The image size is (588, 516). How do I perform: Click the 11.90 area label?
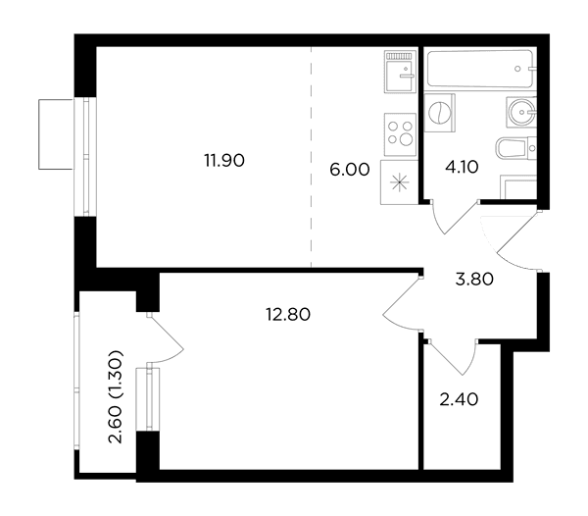tap(224, 161)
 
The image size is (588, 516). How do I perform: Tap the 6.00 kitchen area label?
tap(350, 170)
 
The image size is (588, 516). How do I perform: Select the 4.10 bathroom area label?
tap(462, 167)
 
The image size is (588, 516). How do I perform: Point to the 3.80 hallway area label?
tap(474, 280)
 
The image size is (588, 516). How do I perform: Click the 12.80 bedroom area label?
tap(288, 315)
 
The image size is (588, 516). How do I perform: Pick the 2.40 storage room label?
tap(459, 399)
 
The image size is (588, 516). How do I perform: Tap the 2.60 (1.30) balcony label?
tap(116, 397)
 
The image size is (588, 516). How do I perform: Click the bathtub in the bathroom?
tap(480, 69)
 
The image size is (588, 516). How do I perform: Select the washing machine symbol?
tap(439, 113)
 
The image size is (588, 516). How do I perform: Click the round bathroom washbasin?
tap(521, 112)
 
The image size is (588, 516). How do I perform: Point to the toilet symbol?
tap(516, 147)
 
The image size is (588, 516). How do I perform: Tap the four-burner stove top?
tap(400, 134)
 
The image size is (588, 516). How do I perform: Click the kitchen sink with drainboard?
tap(401, 72)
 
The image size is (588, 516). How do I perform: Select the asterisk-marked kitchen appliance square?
tap(400, 182)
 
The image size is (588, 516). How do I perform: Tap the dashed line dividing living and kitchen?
tap(312, 157)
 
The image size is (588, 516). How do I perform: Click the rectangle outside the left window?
tap(56, 134)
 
